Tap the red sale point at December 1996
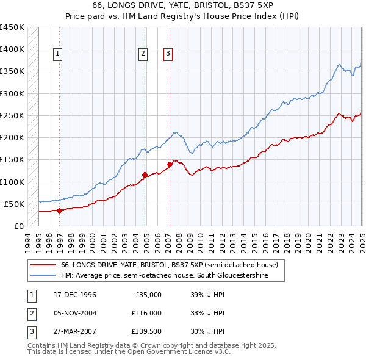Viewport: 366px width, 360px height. point(60,211)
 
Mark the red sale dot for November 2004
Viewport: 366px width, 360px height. point(145,175)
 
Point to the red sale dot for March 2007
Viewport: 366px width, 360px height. point(170,164)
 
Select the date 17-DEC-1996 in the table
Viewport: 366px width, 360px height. point(74,295)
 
